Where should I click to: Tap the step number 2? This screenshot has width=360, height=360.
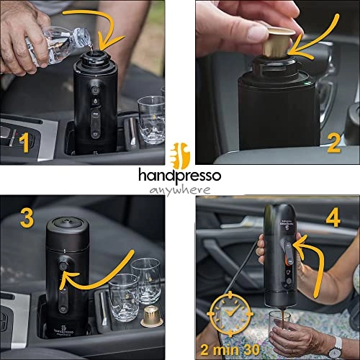click(333, 144)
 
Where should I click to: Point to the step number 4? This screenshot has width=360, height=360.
click(333, 218)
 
